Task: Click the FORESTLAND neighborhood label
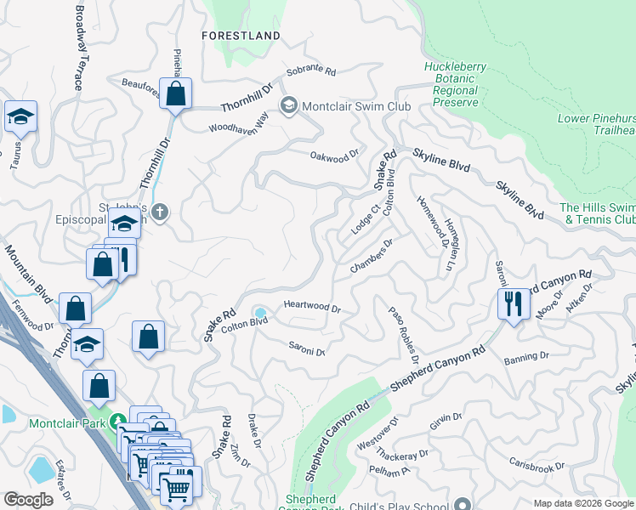tap(241, 36)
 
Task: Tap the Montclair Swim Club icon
tap(288, 105)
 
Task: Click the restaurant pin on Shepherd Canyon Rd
tap(512, 303)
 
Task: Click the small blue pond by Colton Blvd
tap(260, 314)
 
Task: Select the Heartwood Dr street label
tap(311, 307)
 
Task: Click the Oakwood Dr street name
tap(329, 157)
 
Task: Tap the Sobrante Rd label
tap(311, 72)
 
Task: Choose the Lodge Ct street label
tap(365, 219)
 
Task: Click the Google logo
tap(28, 500)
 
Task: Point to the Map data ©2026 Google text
tap(582, 503)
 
